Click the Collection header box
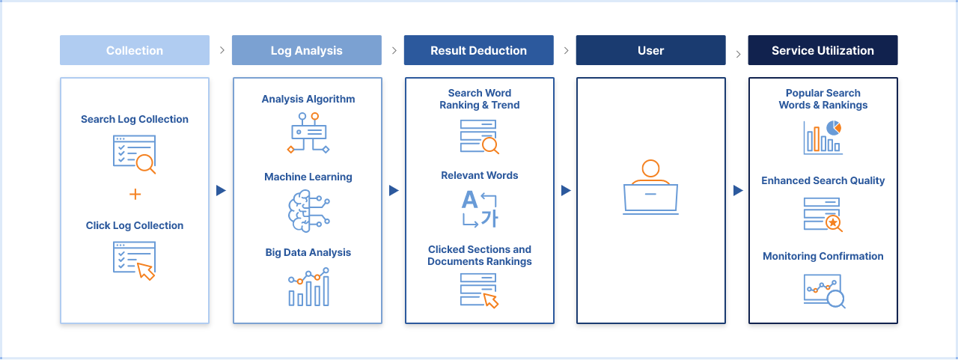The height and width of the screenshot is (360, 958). [135, 50]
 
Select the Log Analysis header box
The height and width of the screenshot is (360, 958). [306, 50]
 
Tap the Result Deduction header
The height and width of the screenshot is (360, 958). [478, 50]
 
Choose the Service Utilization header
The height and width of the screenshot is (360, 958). [823, 50]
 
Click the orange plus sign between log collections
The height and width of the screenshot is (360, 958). [135, 195]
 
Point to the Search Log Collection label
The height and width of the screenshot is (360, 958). [135, 119]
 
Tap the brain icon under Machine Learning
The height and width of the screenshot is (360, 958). [308, 210]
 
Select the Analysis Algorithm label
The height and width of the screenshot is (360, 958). [308, 99]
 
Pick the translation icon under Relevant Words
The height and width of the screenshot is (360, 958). [480, 209]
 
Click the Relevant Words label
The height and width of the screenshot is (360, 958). [480, 175]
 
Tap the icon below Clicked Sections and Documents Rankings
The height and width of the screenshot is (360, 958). [480, 290]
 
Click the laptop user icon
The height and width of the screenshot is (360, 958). [650, 188]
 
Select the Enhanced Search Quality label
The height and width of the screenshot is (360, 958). [823, 180]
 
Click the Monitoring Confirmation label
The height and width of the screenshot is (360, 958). [823, 256]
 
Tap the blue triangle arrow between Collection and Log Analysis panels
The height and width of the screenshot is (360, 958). [221, 191]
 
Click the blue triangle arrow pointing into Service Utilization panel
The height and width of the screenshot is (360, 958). [738, 191]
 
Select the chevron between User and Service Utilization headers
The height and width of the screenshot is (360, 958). [739, 54]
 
